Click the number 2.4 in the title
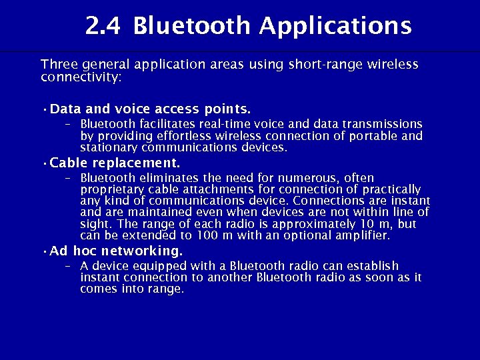[103, 26]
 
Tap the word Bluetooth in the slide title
[193, 26]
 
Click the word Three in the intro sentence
[57, 65]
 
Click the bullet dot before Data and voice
[43, 109]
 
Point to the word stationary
[107, 147]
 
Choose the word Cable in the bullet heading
[69, 163]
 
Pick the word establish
[371, 266]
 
